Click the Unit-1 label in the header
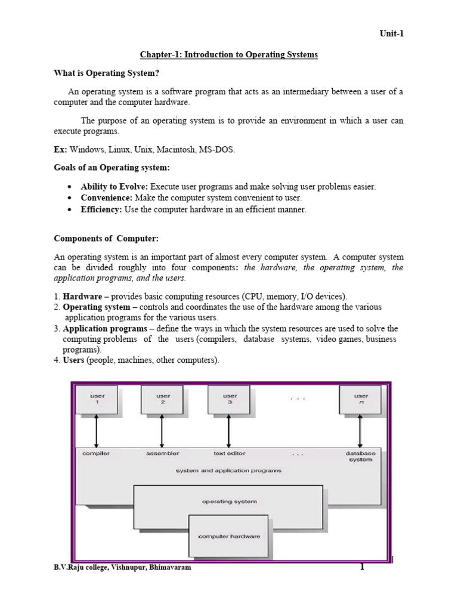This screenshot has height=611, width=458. tap(392, 34)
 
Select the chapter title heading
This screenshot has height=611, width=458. tap(229, 55)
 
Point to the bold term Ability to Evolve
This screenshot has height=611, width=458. tap(114, 187)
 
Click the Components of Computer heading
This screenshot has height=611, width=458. tap(106, 239)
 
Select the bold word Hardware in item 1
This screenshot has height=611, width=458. tap(83, 297)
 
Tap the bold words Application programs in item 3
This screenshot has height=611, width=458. tap(105, 329)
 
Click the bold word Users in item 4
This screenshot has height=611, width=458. tap(74, 360)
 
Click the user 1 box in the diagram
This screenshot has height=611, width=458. tap(97, 400)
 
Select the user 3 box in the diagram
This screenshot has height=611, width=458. tap(230, 400)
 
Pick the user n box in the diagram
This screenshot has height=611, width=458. tap(361, 400)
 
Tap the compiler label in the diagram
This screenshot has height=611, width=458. tap(96, 453)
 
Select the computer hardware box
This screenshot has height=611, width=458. tap(230, 536)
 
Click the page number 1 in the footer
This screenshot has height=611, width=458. tap(361, 567)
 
